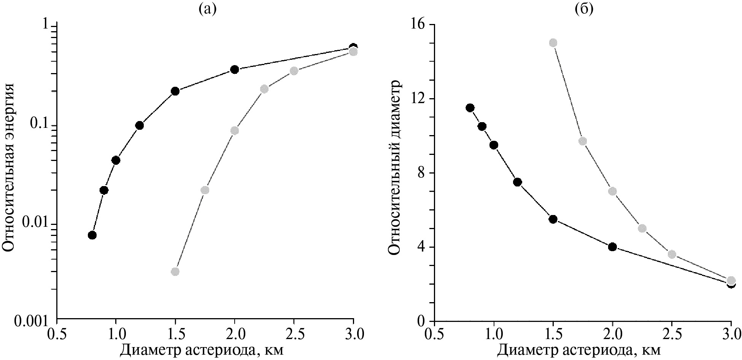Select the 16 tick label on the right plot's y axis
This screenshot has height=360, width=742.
click(418, 24)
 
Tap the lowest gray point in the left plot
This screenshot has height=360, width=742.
click(175, 272)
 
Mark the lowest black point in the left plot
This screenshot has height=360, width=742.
click(92, 235)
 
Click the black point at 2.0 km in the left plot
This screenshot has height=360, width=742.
click(235, 69)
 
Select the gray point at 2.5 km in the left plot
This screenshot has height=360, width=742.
click(294, 71)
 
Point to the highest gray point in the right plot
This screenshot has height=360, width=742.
click(553, 43)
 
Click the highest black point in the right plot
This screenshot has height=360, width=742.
click(470, 108)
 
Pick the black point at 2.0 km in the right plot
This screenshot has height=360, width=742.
click(612, 247)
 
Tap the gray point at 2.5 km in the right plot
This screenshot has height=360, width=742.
click(672, 254)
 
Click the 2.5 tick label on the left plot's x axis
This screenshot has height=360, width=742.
click(294, 334)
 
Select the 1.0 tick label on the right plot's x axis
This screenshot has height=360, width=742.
click(494, 334)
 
